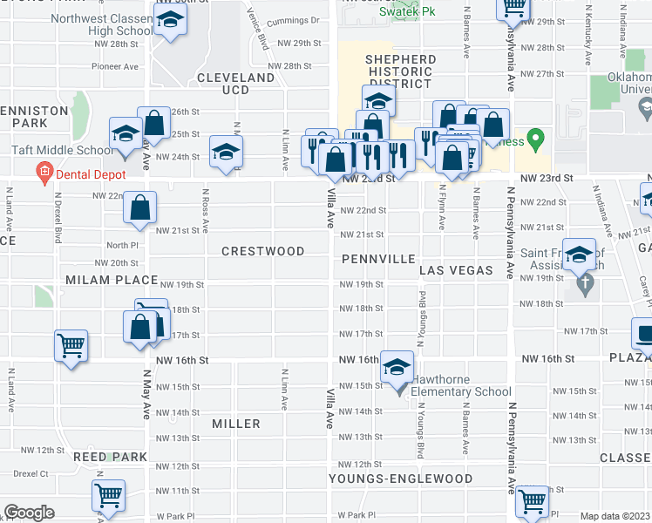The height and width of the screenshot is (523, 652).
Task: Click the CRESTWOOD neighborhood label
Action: [262, 251]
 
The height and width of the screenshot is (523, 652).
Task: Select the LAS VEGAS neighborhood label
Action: [456, 271]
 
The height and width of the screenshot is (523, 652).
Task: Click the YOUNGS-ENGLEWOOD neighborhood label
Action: [401, 479]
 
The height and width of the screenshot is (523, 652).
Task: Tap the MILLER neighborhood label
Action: [236, 424]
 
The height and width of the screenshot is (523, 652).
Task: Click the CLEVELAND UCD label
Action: [236, 84]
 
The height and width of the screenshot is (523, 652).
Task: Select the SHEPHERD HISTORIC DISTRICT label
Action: [401, 71]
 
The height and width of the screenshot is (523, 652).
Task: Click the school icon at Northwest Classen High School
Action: [169, 24]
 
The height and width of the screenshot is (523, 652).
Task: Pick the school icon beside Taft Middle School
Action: [126, 133]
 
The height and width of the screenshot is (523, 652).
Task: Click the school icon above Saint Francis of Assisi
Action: [578, 255]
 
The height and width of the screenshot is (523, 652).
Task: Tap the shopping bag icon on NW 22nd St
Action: [139, 208]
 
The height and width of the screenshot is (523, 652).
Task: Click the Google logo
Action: [29, 513]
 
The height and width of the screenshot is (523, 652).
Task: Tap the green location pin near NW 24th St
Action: [537, 138]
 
